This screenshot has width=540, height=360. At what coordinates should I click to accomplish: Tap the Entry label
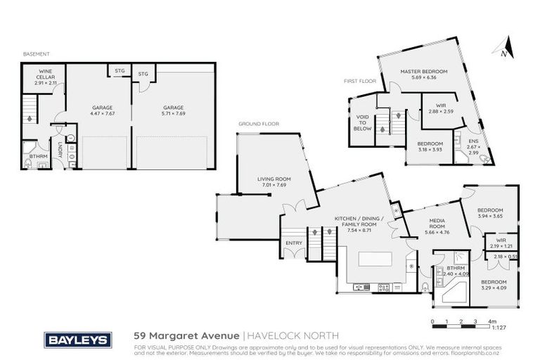click(x=294, y=243)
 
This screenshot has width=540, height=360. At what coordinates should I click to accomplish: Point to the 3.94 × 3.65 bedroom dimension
click(x=490, y=217)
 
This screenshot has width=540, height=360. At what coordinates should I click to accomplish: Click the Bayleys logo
click(x=78, y=340)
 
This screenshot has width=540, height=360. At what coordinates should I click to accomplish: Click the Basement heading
click(x=34, y=54)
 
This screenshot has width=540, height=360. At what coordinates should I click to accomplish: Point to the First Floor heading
click(x=356, y=81)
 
